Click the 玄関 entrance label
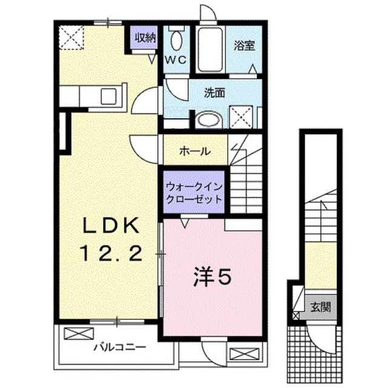[x=321, y=307]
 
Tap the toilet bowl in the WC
[x=176, y=40]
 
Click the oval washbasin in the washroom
[x=209, y=120]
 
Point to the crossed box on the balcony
[x=76, y=333]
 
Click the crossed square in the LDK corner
[x=72, y=37]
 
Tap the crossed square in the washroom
[x=242, y=115]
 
